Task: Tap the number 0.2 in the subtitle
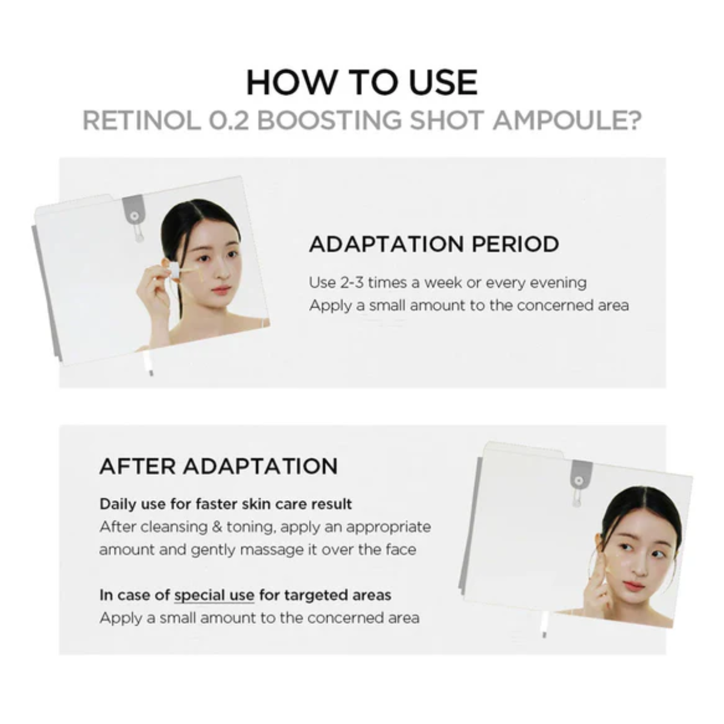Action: coord(228,121)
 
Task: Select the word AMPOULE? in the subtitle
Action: coord(567,121)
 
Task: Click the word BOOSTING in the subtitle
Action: coord(329,121)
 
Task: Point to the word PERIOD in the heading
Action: coord(515,244)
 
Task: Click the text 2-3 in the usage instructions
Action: coord(352,283)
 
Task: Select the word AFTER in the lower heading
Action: coord(138,466)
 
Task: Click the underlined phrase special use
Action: coord(214,595)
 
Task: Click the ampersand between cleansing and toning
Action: coord(217,527)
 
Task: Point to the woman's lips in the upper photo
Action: coord(221,290)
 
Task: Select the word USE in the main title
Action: coord(443,83)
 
